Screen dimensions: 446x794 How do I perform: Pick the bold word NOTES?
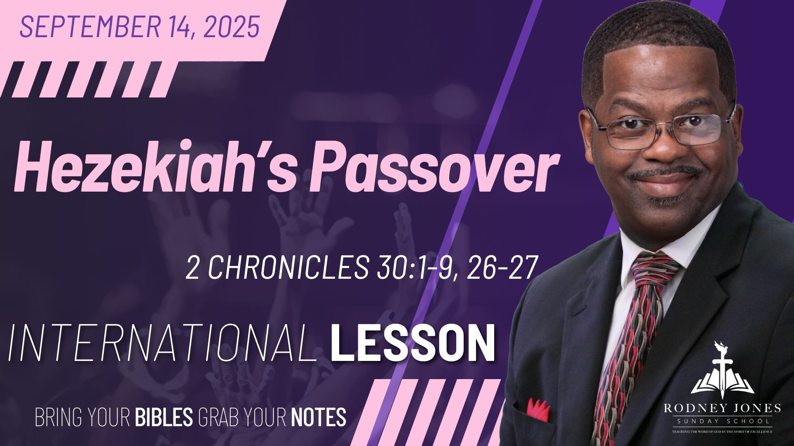pyautogui.click(x=318, y=417)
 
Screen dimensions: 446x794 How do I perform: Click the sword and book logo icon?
pyautogui.click(x=722, y=372)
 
